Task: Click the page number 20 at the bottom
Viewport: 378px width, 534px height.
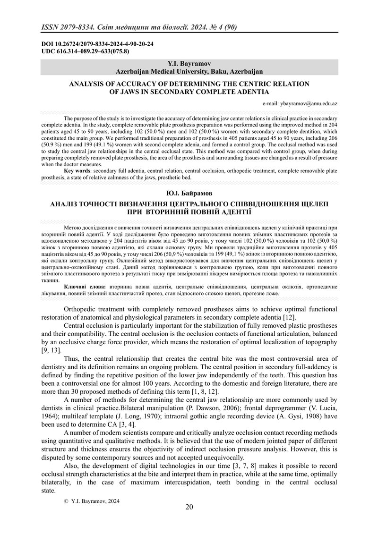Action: [x=189, y=507]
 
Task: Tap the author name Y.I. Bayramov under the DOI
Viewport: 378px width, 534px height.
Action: [x=189, y=63]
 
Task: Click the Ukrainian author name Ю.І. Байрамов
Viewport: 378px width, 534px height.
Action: [x=189, y=194]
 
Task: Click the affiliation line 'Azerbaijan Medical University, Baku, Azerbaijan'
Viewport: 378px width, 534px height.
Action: [x=189, y=71]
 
